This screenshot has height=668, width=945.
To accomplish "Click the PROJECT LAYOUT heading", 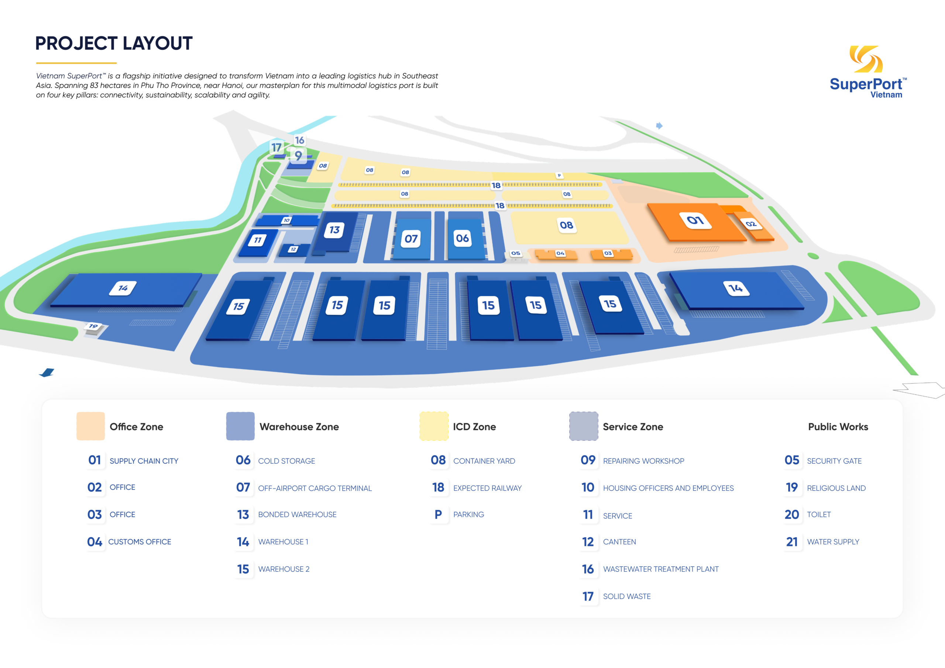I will point(114,44).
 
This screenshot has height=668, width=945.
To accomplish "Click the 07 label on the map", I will point(411,239).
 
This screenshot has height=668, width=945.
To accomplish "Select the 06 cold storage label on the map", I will point(462,238).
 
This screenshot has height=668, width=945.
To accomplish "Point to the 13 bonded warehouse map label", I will point(334,229).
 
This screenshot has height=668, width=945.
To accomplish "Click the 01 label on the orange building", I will point(695,220).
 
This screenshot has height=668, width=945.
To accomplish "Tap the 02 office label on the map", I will point(751,224).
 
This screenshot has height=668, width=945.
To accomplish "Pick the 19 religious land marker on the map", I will point(93,326).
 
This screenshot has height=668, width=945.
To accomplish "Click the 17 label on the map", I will point(276,147).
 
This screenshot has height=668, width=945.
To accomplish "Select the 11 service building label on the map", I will point(258,240).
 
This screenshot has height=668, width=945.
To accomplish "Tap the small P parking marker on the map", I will point(559,176).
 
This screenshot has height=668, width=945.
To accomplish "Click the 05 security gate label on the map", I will point(516,253).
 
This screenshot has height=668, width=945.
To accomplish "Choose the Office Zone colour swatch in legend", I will point(90,426).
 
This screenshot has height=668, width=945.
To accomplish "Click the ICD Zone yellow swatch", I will point(434,426).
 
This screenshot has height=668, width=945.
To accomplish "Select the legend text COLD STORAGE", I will point(286,461).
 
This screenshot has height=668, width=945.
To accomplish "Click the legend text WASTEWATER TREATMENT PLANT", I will point(661,569).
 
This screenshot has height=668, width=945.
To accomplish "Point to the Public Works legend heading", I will point(838,427).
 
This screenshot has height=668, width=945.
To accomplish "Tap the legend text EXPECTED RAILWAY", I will point(487,488).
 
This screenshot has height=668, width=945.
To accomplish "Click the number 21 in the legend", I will point(792,542).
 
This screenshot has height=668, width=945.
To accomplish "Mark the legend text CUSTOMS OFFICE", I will point(140,542).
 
